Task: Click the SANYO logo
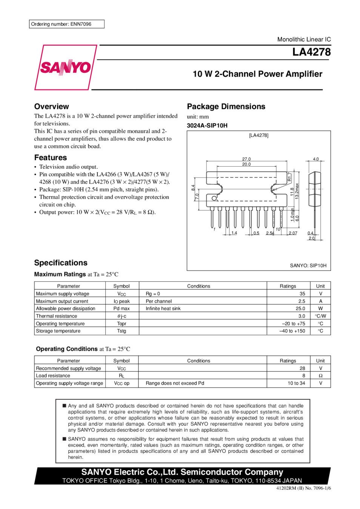pyautogui.click(x=65, y=67)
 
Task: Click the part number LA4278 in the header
pyautogui.click(x=311, y=52)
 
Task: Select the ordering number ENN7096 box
pyautogui.click(x=66, y=24)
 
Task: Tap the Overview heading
pyautogui.click(x=52, y=106)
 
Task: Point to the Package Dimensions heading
pyautogui.click(x=226, y=106)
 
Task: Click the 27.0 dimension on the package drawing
pyautogui.click(x=246, y=159)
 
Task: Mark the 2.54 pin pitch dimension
pyautogui.click(x=270, y=233)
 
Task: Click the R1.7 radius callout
pyautogui.click(x=290, y=177)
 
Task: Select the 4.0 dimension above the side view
pyautogui.click(x=315, y=159)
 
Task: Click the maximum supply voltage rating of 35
pyautogui.click(x=302, y=294)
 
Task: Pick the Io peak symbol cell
pyautogui.click(x=122, y=301)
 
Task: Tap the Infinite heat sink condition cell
pyautogui.click(x=163, y=308)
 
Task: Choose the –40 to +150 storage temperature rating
pyautogui.click(x=292, y=331)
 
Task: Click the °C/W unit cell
pyautogui.click(x=320, y=316)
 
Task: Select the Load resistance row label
pyautogui.click(x=53, y=376)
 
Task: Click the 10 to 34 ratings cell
pyautogui.click(x=296, y=383)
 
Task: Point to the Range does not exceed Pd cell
pyautogui.click(x=175, y=383)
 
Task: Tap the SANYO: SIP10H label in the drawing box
pyautogui.click(x=308, y=265)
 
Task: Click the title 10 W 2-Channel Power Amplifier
pyautogui.click(x=257, y=74)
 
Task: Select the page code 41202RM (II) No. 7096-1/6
pyautogui.click(x=303, y=488)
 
